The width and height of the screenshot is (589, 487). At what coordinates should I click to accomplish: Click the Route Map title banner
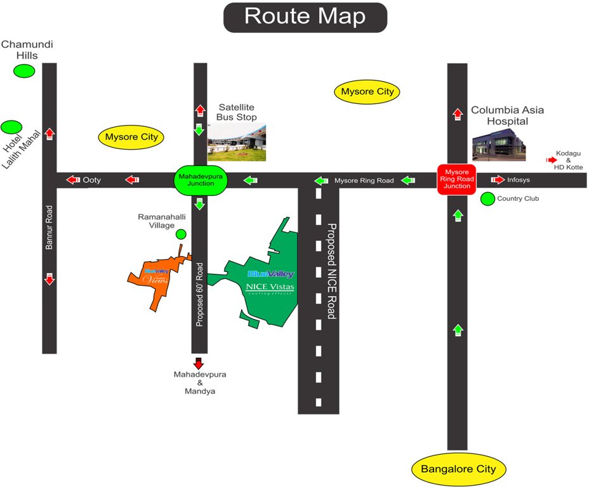click(x=305, y=17)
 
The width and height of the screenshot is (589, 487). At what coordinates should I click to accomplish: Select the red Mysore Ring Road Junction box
click(x=456, y=179)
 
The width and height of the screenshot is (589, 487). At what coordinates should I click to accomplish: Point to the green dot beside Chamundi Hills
click(x=25, y=71)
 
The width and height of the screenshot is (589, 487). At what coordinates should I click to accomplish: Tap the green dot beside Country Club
click(x=487, y=199)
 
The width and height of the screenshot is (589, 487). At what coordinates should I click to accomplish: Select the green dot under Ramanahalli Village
click(x=181, y=235)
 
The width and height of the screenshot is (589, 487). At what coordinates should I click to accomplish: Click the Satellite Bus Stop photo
click(x=237, y=142)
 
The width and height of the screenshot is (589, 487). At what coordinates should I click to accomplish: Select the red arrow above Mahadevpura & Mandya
click(x=199, y=363)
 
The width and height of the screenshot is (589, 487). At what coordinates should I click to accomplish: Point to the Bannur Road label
click(x=49, y=226)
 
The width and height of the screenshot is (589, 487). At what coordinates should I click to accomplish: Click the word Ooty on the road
click(x=92, y=181)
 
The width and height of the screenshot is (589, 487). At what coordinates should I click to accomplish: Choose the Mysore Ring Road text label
click(x=364, y=181)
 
